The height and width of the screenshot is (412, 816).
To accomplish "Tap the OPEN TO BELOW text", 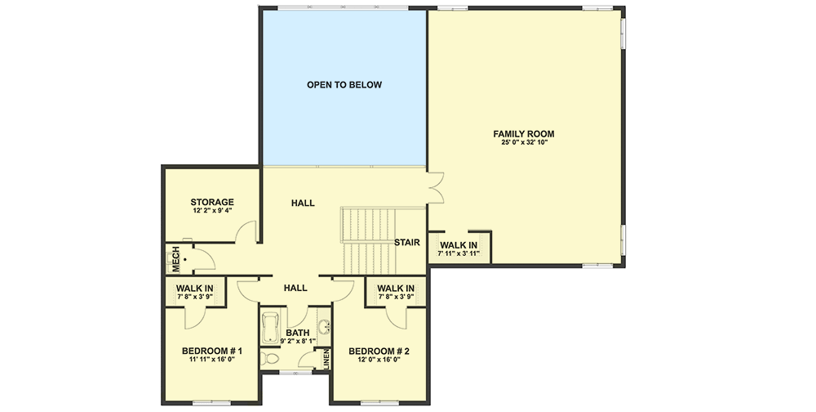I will tap(344, 84).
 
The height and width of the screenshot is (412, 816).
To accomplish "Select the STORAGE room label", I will tap(212, 202).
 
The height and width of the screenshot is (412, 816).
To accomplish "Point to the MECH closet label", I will tap(175, 259).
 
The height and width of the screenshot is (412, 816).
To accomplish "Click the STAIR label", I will tap(406, 242).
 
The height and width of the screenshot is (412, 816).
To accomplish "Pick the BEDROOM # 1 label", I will tap(211, 352).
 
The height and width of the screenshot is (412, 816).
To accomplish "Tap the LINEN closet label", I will tap(326, 359).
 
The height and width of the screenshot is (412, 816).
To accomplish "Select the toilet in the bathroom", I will tap(270, 359).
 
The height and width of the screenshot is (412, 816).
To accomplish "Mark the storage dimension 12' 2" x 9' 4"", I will tap(212, 211).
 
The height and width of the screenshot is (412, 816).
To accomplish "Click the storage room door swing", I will tap(244, 234).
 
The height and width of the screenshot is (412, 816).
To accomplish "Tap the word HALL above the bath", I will tap(295, 288).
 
